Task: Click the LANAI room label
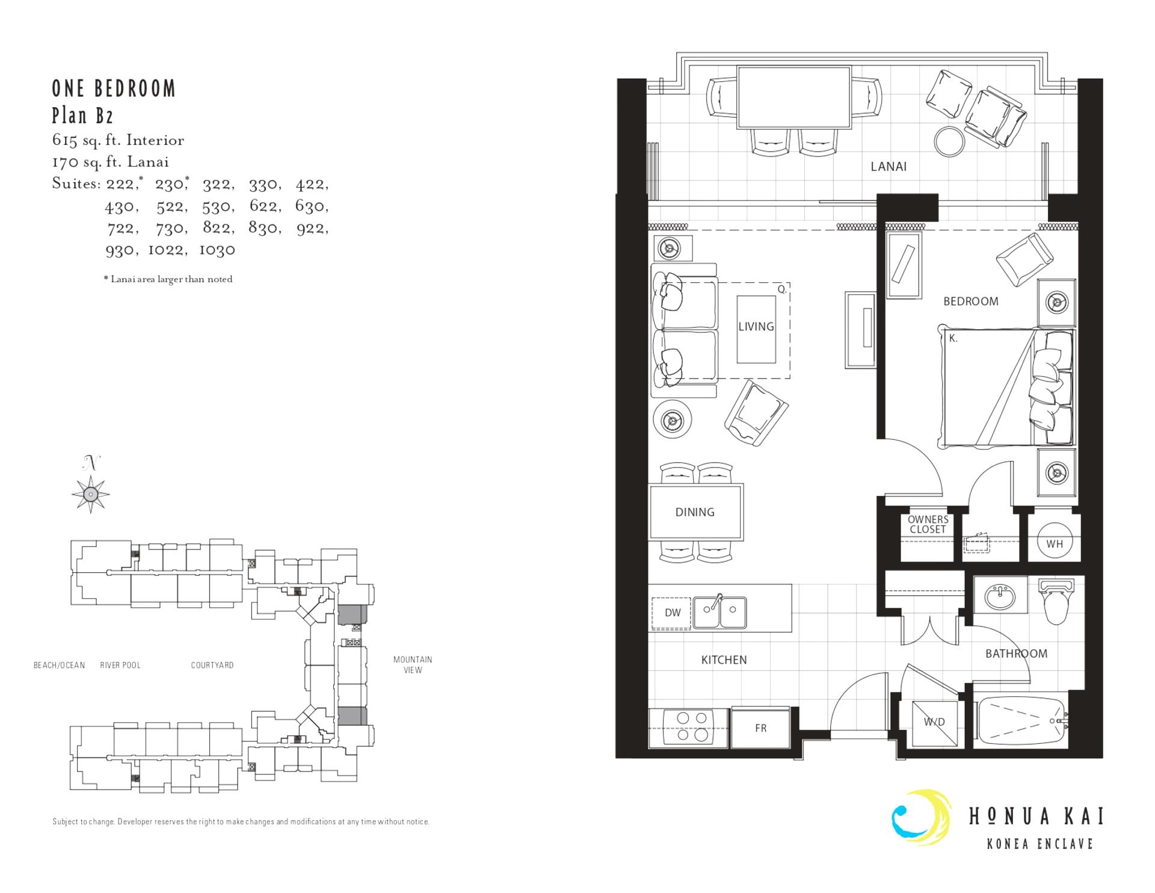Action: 888,167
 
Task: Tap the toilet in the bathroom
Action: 1056,603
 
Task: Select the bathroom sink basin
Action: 1000,597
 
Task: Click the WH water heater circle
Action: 1054,544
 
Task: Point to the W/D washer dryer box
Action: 934,722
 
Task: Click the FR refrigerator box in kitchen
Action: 760,728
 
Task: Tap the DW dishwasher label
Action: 672,613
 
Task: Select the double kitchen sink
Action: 719,613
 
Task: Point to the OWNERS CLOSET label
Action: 928,524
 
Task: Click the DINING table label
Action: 695,512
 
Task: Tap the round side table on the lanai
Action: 949,141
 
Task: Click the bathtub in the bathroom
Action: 1020,720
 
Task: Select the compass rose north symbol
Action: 90,493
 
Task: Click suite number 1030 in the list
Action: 217,250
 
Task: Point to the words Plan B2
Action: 82,115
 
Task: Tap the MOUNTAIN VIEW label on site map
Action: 413,664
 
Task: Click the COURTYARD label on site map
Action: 212,665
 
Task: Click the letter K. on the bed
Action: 953,339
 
